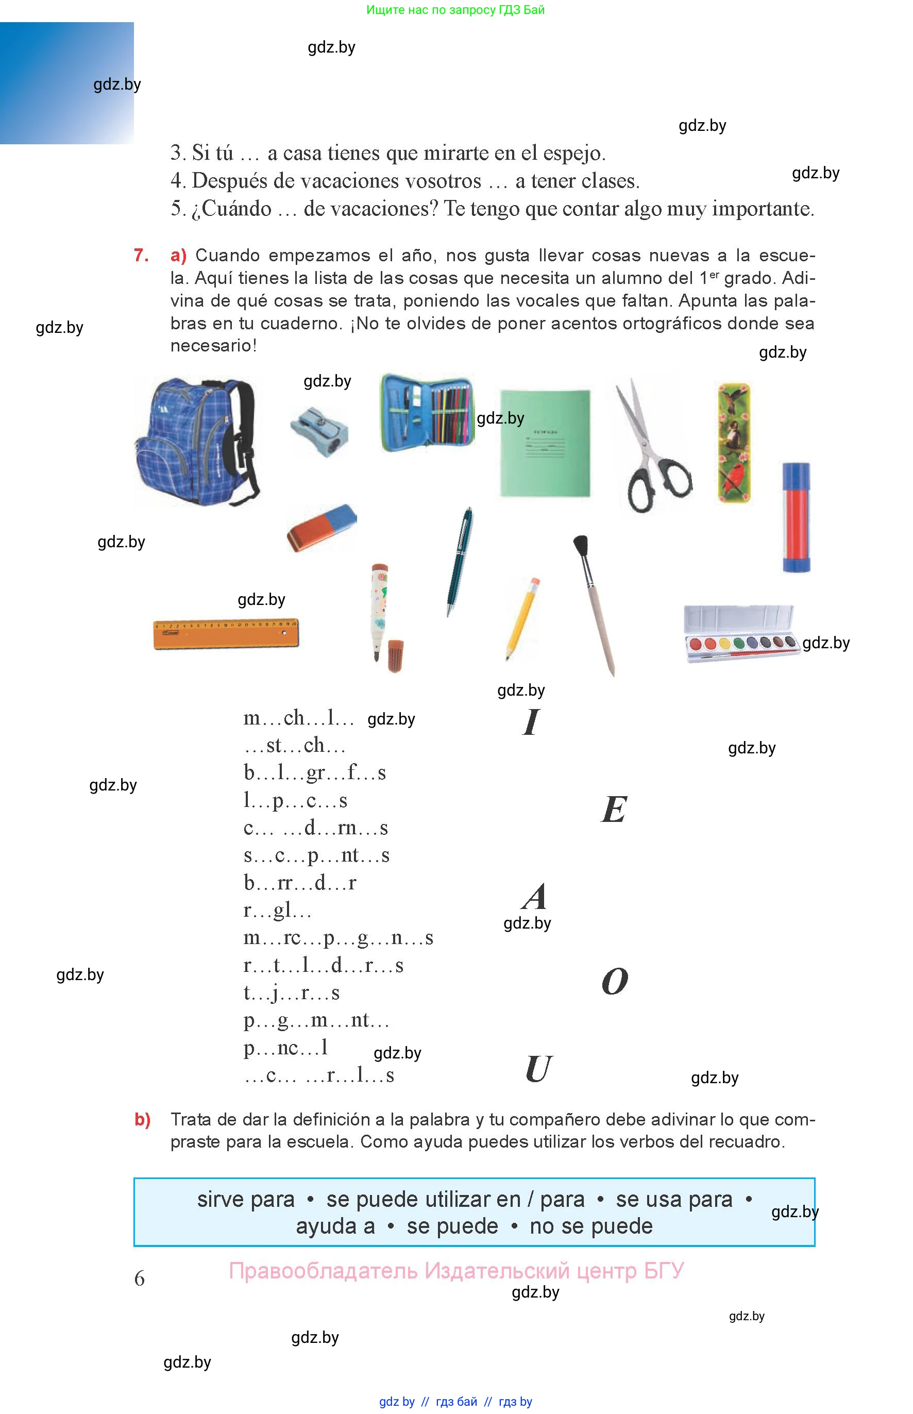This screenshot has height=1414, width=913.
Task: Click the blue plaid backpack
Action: [x=197, y=442]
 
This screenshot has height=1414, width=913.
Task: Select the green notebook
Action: [x=545, y=442]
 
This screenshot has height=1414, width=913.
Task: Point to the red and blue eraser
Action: [x=322, y=527]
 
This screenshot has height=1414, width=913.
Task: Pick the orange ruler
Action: [x=226, y=633]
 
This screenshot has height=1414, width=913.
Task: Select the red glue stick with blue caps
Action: [x=796, y=517]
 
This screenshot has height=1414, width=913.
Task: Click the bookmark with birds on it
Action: [x=734, y=442]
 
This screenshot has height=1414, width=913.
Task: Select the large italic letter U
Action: [x=538, y=1069]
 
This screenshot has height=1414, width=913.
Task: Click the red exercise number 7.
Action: [x=141, y=256]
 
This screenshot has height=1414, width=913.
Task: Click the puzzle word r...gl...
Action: [x=277, y=910]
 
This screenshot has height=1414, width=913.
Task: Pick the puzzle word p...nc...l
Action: [x=286, y=1048]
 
